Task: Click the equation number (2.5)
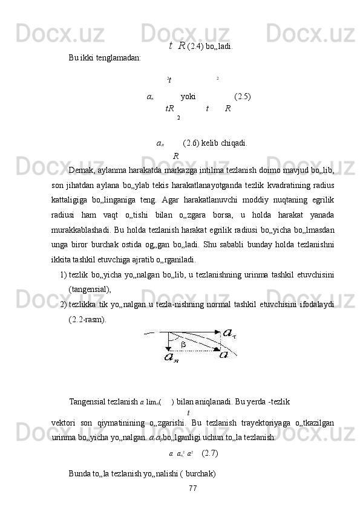pyautogui.click(x=243, y=96)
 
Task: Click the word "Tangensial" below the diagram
pyautogui.click(x=88, y=401)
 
